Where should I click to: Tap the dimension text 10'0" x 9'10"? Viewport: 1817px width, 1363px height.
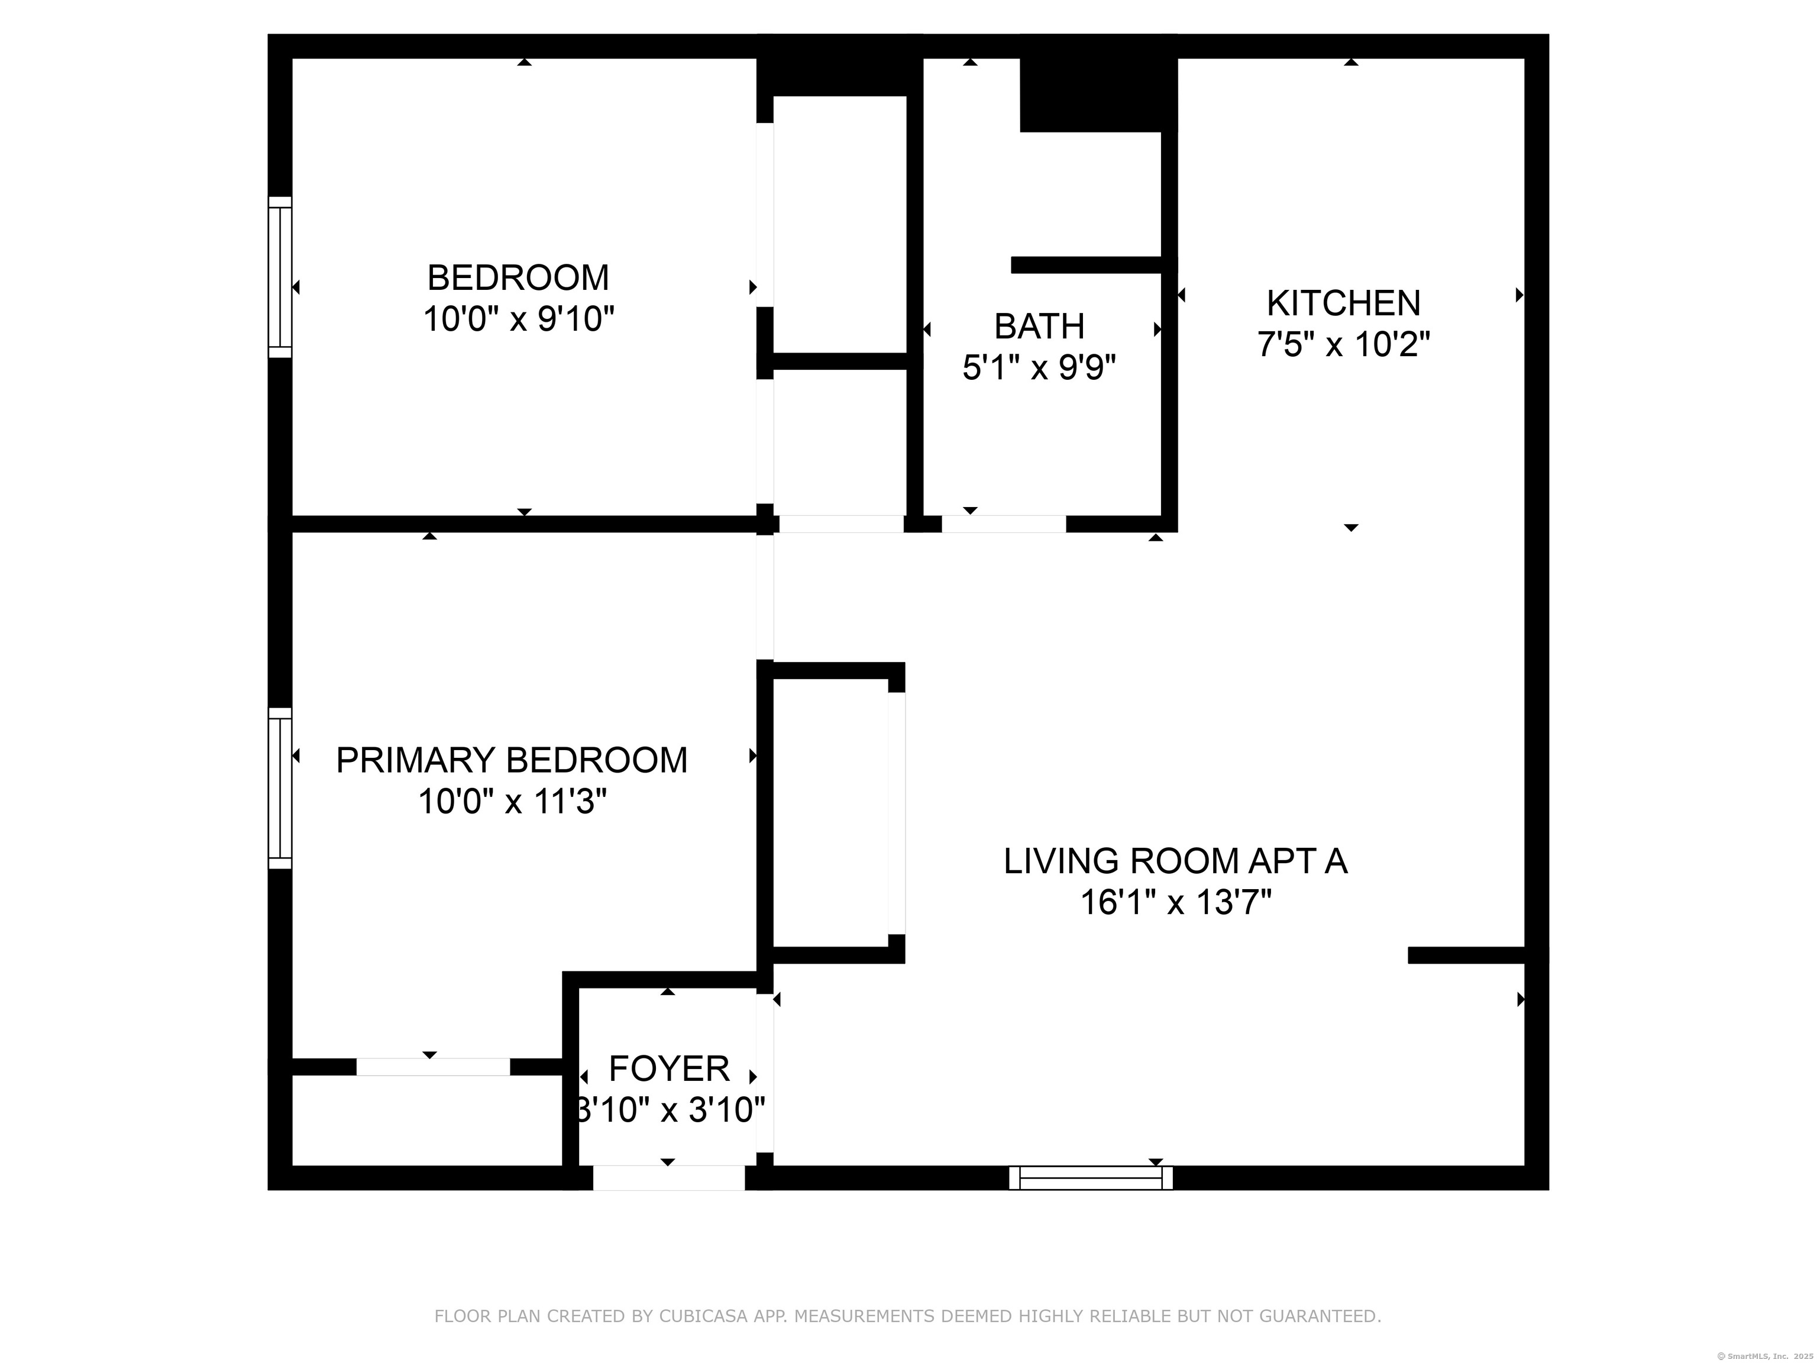pyautogui.click(x=518, y=319)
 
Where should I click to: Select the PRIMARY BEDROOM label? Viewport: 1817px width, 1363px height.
pyautogui.click(x=512, y=760)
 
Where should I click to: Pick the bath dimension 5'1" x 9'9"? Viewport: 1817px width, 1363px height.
pyautogui.click(x=1039, y=367)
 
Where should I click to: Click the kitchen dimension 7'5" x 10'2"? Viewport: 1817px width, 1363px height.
pyautogui.click(x=1343, y=344)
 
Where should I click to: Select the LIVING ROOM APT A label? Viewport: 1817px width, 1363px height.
pyautogui.click(x=1175, y=861)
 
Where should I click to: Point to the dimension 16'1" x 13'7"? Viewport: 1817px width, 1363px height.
pyautogui.click(x=1175, y=902)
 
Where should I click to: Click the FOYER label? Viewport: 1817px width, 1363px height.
pyautogui.click(x=668, y=1069)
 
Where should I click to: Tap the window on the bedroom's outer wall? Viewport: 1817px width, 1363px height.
pyautogui.click(x=280, y=277)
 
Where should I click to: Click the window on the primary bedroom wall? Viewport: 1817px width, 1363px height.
pyautogui.click(x=280, y=788)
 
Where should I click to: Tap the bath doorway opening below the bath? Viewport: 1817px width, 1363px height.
pyautogui.click(x=1004, y=524)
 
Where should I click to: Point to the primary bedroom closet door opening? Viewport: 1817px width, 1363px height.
pyautogui.click(x=433, y=1067)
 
